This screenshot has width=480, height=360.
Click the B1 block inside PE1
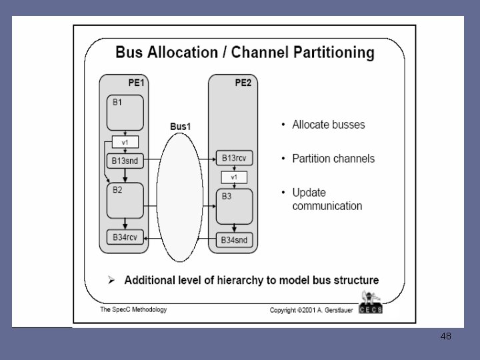click(x=125, y=113)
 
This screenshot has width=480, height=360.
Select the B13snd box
click(x=125, y=160)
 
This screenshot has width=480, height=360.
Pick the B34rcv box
click(x=125, y=237)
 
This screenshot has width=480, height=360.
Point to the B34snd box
click(x=234, y=239)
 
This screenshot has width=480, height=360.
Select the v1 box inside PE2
click(x=234, y=177)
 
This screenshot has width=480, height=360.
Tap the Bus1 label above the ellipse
click(x=180, y=126)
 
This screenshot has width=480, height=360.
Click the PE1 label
click(x=136, y=82)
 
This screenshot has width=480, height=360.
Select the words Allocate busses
click(x=328, y=125)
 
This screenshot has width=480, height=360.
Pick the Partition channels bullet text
click(x=333, y=159)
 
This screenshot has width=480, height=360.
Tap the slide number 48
click(x=445, y=337)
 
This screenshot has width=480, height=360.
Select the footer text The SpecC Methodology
click(x=133, y=310)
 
